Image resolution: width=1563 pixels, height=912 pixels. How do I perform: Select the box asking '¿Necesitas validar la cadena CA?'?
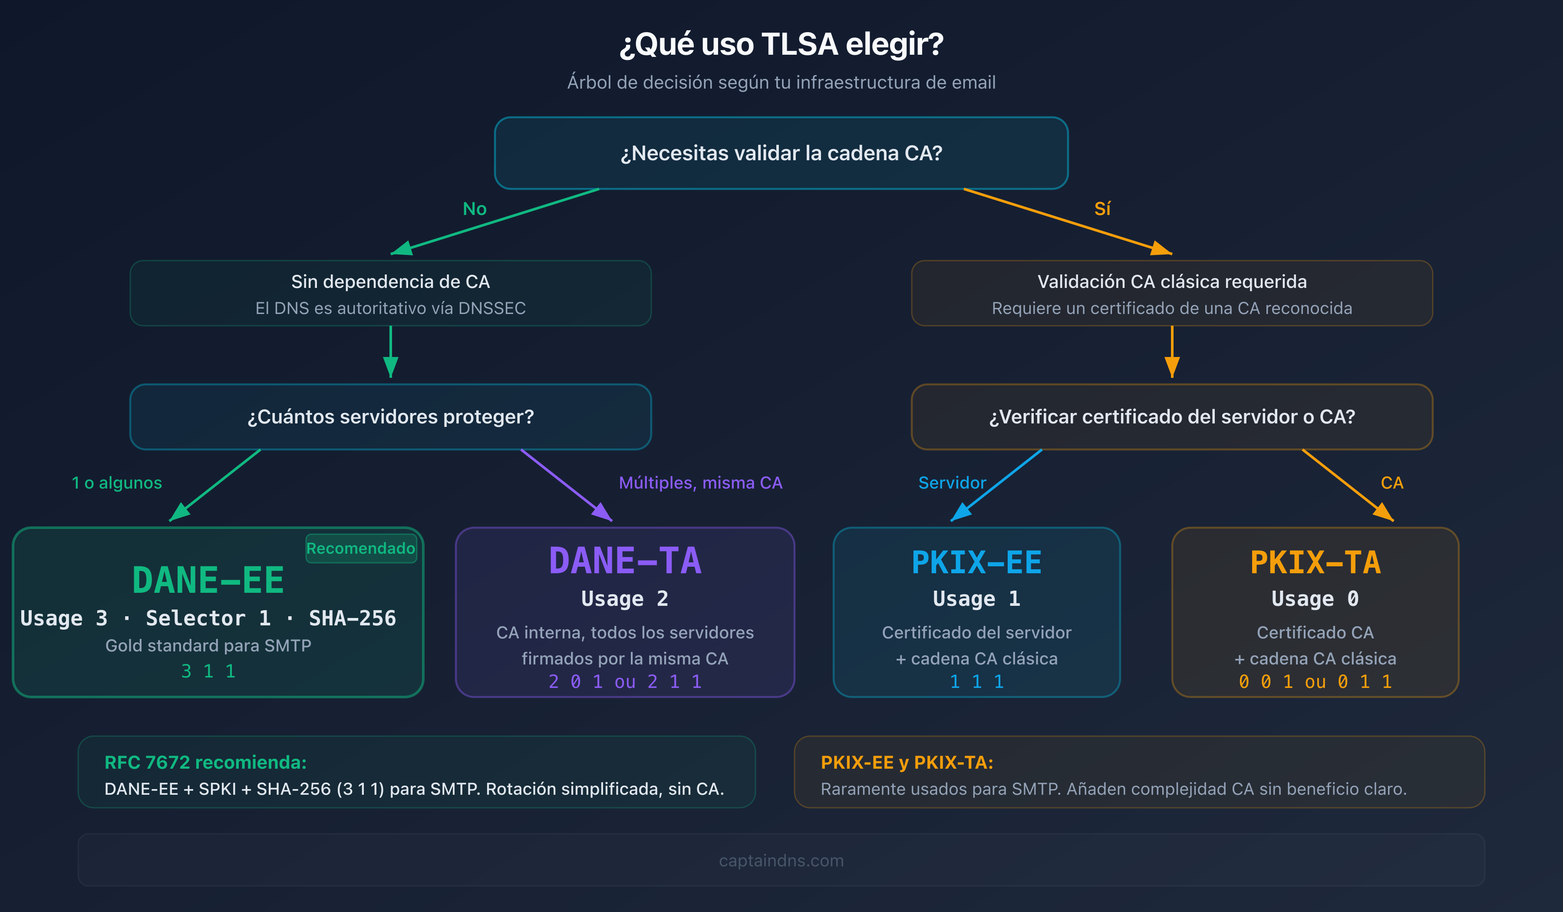point(781,152)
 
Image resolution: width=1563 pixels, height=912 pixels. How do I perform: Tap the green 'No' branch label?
point(475,209)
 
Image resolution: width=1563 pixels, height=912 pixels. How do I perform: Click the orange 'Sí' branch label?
point(1102,209)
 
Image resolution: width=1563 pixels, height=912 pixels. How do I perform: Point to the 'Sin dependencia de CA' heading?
point(390,282)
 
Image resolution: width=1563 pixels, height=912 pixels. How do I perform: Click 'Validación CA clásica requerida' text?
point(1172,282)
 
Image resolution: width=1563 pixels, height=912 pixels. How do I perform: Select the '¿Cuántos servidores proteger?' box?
point(390,416)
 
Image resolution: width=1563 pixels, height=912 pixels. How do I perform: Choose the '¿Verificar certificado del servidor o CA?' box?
point(1172,416)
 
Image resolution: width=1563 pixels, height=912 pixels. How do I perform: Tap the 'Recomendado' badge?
point(360,549)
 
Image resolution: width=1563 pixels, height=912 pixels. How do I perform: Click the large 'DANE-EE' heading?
point(208,581)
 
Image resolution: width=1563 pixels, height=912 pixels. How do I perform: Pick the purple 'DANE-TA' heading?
point(625,561)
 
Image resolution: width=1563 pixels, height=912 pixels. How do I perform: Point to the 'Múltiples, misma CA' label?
point(700,482)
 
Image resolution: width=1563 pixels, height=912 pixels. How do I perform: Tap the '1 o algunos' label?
point(117,482)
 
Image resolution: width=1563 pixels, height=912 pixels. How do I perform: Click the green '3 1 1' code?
point(208,671)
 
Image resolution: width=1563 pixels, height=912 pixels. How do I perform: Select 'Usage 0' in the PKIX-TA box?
point(1315,599)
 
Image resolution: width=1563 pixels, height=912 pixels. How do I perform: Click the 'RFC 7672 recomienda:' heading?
point(205,763)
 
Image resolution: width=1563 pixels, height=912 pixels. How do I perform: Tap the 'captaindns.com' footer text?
point(781,860)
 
